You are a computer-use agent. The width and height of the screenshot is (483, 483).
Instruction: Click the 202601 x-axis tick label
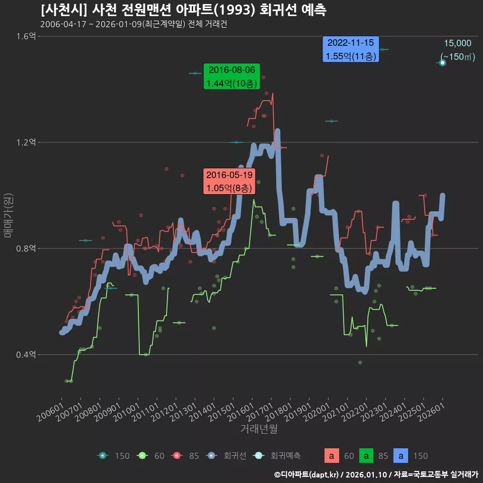click(432, 412)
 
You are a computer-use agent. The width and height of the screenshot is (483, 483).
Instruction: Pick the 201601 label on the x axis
click(241, 412)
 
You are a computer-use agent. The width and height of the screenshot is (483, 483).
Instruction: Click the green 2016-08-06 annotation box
click(231, 76)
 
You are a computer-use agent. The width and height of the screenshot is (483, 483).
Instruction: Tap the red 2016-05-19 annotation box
click(229, 182)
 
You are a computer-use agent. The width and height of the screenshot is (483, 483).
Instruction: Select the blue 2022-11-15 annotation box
click(351, 49)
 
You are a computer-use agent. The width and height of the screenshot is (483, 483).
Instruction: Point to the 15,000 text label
click(457, 43)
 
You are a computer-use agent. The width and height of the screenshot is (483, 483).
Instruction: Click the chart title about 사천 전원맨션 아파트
click(183, 10)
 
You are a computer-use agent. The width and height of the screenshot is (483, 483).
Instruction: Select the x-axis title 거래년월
click(259, 429)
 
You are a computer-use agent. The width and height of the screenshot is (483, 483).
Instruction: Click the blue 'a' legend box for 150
click(401, 456)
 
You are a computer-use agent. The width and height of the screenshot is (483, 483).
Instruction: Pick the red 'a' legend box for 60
click(331, 456)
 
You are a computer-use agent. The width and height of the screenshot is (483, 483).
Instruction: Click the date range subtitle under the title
click(133, 25)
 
